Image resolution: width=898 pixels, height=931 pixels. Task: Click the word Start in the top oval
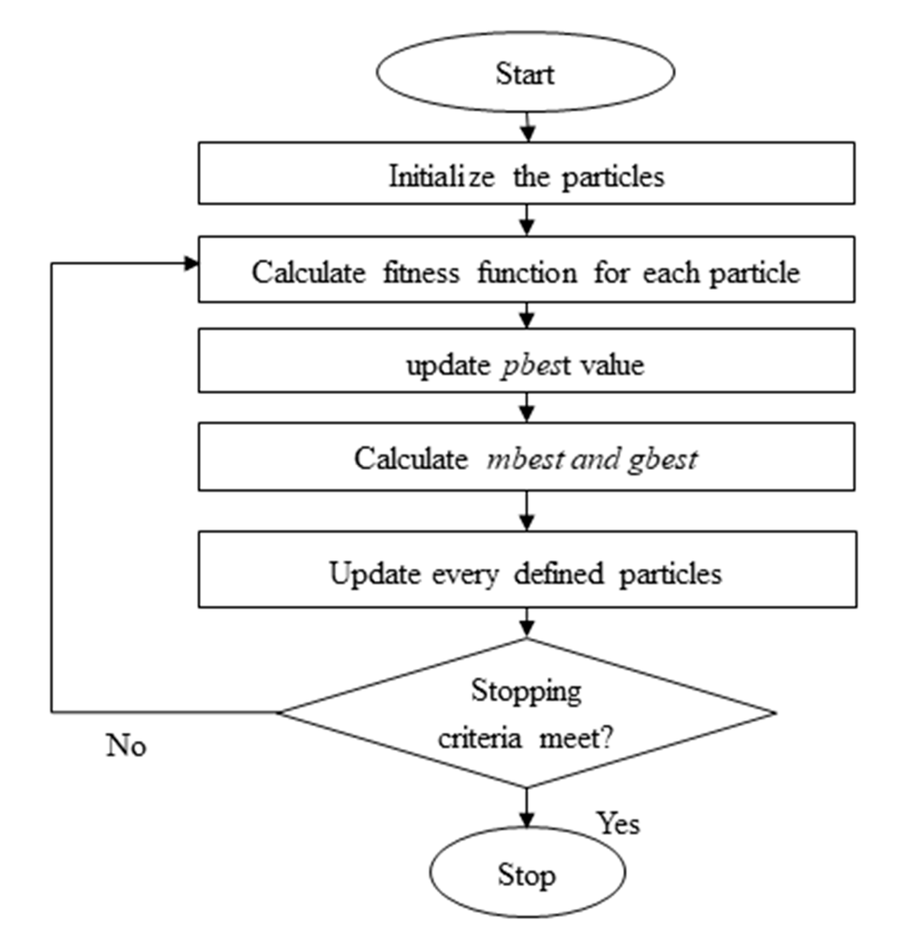(x=525, y=75)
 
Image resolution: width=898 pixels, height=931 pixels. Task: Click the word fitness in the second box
(x=421, y=273)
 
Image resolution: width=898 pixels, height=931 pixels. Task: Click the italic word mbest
(x=525, y=459)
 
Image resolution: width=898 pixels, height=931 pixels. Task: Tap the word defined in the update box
(x=559, y=574)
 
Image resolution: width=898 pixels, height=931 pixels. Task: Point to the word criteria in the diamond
(x=479, y=739)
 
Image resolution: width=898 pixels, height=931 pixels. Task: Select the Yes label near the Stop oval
(x=618, y=823)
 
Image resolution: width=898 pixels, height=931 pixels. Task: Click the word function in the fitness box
(x=527, y=273)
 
